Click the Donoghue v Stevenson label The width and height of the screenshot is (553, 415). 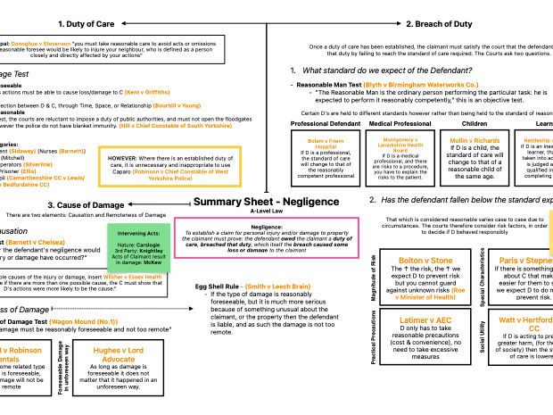point(40,43)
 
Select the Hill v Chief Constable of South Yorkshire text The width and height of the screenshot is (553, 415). point(175,126)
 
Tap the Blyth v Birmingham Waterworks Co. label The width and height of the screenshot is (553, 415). point(420,85)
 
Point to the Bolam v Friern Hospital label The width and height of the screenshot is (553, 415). point(326,143)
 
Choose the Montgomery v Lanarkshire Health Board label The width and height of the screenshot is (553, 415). point(400,145)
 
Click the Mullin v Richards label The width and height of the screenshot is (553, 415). point(475,140)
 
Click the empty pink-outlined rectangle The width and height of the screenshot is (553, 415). point(266,237)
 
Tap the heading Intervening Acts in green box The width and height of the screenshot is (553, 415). point(138,233)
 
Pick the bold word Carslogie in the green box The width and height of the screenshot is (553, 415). point(148,245)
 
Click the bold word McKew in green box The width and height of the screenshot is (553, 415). point(153,262)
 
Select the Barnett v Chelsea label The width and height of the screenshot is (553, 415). point(35,242)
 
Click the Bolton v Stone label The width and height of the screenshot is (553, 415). point(425,261)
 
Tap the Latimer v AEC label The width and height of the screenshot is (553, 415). point(425,320)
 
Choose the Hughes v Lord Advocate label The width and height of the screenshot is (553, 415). point(118,354)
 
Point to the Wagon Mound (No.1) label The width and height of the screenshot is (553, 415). point(83,321)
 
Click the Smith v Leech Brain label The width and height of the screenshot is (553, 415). point(276,286)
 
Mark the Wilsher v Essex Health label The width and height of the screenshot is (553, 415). point(132,278)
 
